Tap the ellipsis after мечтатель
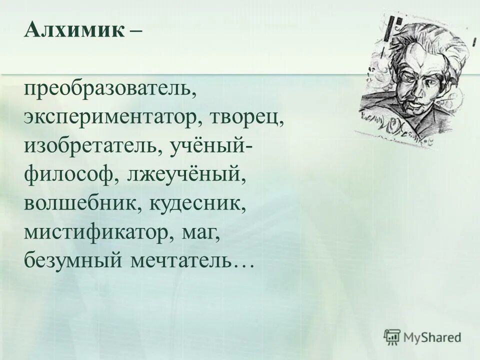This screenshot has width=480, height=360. (x=243, y=265)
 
